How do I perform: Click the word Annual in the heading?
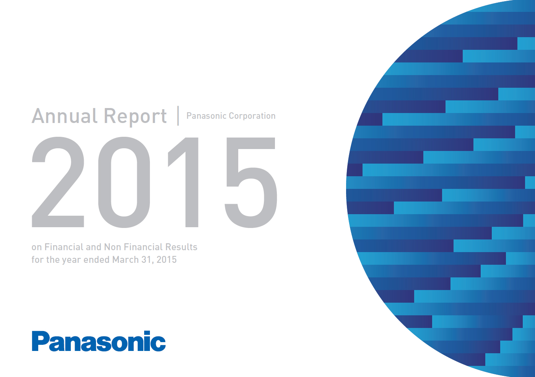tap(65, 116)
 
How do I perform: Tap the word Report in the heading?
tap(135, 117)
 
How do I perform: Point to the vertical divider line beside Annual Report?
tap(178, 116)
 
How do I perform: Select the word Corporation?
tap(252, 116)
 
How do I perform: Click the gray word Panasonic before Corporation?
tap(206, 116)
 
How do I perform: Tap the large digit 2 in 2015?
tap(58, 182)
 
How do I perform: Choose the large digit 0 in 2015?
tap(124, 182)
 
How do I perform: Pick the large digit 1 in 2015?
tap(183, 182)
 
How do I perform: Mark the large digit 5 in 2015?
tap(251, 182)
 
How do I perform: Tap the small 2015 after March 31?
tap(166, 259)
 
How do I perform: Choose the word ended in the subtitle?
tap(97, 259)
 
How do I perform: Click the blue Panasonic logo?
tap(99, 341)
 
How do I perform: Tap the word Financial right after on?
tap(64, 247)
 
